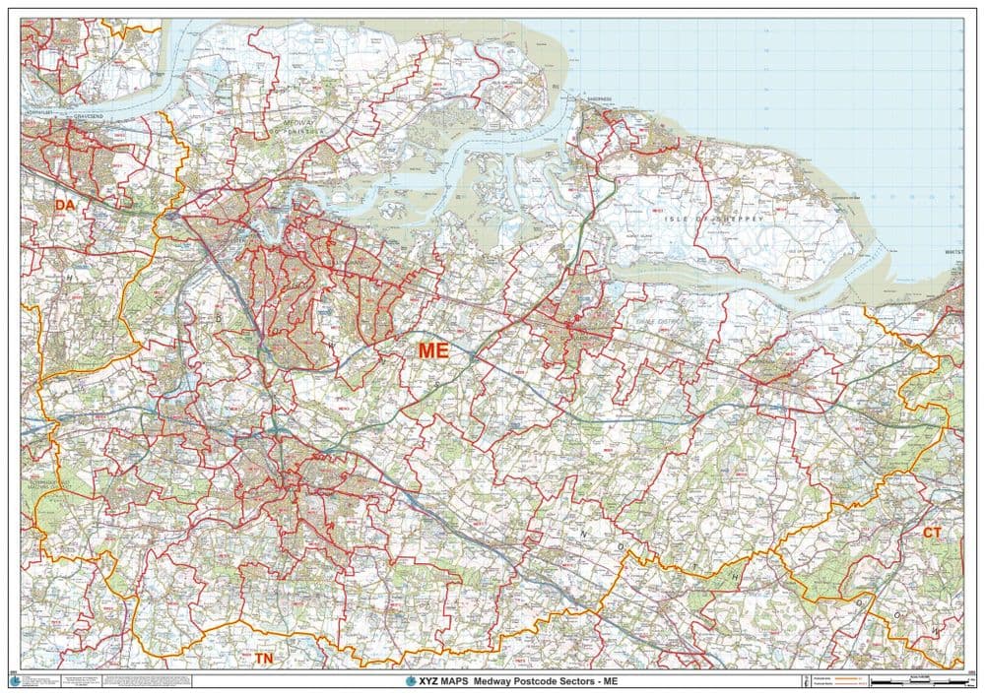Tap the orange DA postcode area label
click(x=65, y=205)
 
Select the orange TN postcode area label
click(x=264, y=658)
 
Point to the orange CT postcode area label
click(x=932, y=533)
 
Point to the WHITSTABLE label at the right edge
click(x=953, y=252)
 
